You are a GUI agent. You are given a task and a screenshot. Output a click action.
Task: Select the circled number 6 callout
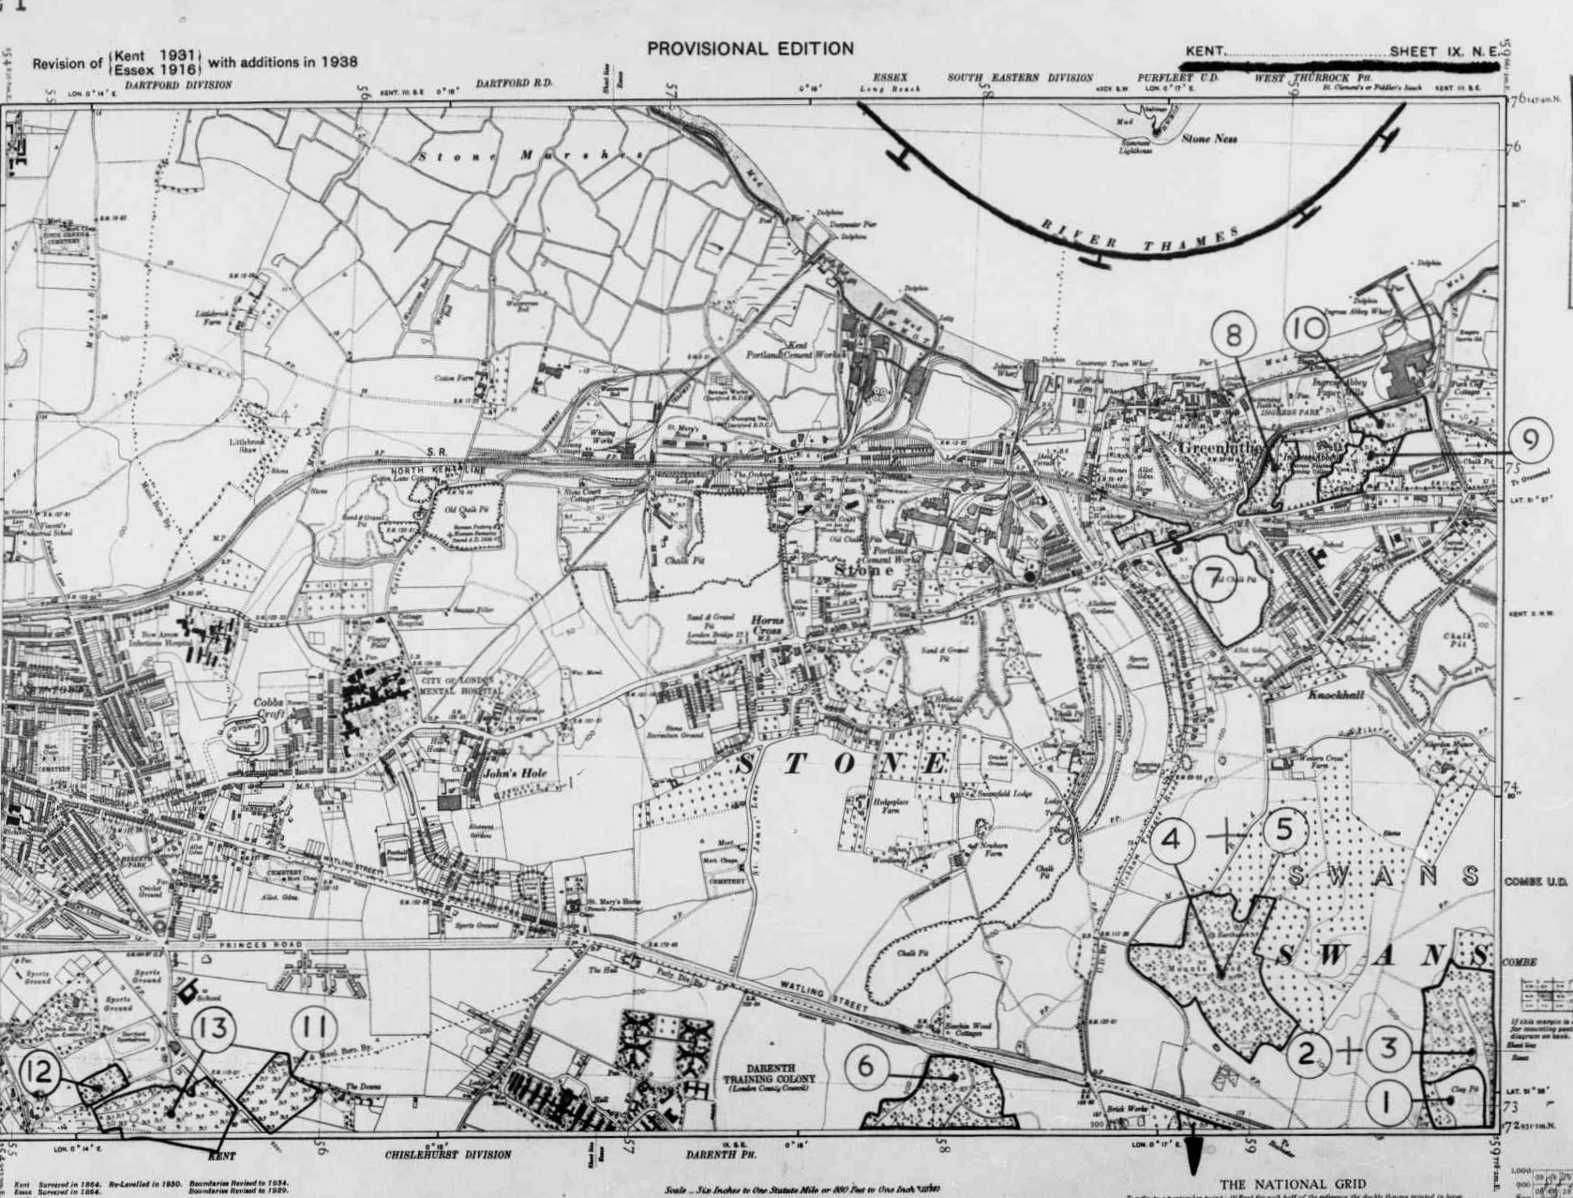click(867, 1066)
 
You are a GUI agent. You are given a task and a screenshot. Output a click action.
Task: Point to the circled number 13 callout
click(214, 1029)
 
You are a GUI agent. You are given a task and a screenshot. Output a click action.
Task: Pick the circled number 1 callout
click(1387, 1102)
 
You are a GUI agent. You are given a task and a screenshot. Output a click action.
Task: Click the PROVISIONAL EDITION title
click(750, 49)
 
